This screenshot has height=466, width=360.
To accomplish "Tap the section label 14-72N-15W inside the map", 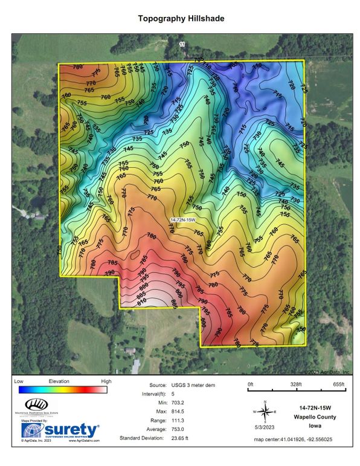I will tap(186, 220).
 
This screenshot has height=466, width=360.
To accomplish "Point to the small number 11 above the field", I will tap(182, 44).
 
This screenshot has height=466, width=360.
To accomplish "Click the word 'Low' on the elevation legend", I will tap(18, 381).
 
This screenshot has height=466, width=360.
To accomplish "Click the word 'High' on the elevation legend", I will tap(106, 381).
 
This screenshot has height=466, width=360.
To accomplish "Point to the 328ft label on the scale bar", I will tap(295, 384).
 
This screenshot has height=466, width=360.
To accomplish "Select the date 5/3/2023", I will tap(263, 428).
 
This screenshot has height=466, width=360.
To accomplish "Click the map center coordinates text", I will tap(302, 439).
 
